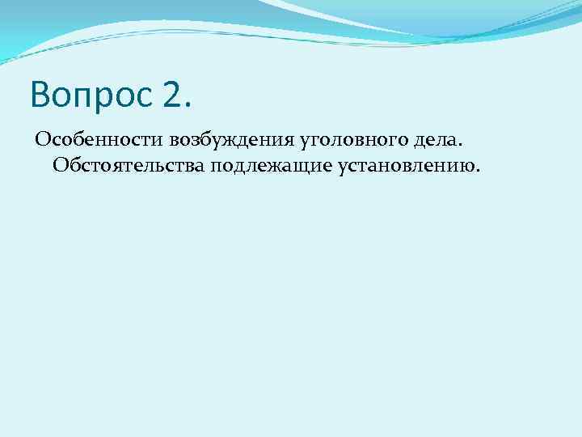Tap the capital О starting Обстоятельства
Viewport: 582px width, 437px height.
(x=60, y=166)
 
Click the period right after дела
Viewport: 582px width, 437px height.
(x=439, y=146)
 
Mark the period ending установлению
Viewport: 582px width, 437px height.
(x=478, y=172)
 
